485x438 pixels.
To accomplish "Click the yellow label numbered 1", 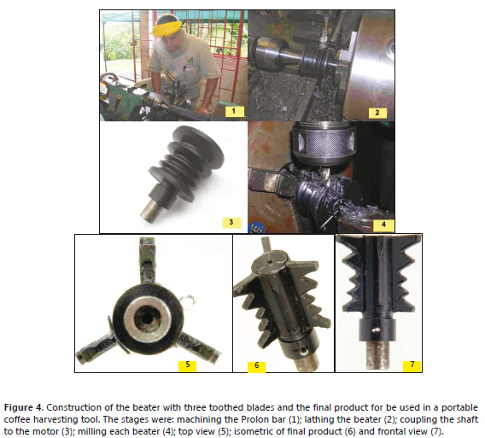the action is pos(234,111).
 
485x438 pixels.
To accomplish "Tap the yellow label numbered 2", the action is pos(377,113).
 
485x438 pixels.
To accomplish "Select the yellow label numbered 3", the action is pos(231,222).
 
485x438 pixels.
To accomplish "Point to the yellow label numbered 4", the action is pos(384,225).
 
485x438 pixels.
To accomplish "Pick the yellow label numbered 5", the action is pos(188,365).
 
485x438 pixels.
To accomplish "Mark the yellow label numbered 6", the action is pos(256,366).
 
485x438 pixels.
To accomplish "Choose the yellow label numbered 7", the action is pos(412,365).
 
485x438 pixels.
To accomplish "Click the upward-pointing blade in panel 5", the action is pos(147,260).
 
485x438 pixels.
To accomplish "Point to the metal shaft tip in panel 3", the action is pos(151,211).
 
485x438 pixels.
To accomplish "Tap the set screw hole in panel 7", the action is pos(376,330).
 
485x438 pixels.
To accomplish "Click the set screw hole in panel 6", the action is pos(303,351).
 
